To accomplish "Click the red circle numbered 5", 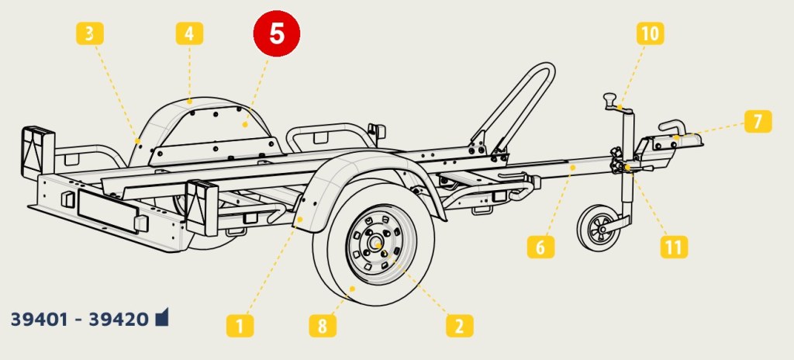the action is (277, 33).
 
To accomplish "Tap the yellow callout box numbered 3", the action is (90, 33).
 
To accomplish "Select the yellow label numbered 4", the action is (189, 33).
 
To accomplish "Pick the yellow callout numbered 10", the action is (651, 33).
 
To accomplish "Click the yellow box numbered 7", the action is (758, 121).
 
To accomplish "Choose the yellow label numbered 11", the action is (674, 247).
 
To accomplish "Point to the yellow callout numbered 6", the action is (540, 247).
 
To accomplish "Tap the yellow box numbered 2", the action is (459, 326).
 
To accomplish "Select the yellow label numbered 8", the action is (323, 326).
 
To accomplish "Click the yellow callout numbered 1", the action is (240, 326).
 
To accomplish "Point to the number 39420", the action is (119, 319).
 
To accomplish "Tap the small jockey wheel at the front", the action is (600, 228).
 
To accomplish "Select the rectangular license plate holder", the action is (107, 211).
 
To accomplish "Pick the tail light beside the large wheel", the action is (202, 208).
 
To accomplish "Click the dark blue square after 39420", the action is (161, 317).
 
